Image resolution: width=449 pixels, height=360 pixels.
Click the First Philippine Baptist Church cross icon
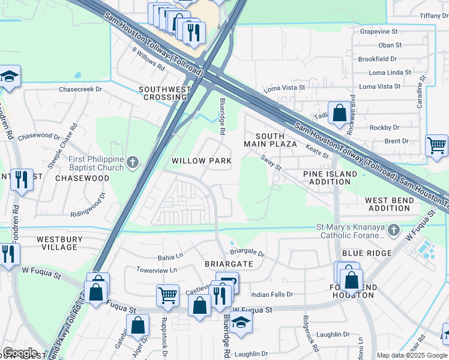[x=133, y=163]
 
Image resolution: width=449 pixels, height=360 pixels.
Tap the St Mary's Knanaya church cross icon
[x=393, y=230]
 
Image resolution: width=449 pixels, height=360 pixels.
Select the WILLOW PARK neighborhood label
[x=201, y=161]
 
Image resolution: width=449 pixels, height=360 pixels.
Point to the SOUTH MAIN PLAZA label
[x=270, y=140]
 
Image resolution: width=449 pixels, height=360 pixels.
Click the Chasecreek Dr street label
[x=80, y=89]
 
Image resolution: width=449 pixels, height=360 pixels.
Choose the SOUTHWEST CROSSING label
[x=164, y=93]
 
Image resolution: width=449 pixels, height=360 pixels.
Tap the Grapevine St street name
[x=379, y=31]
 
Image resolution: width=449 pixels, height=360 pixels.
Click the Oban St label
[x=390, y=45]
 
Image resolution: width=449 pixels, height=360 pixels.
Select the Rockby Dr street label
[x=384, y=127]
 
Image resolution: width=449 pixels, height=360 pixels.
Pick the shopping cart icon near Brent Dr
[x=436, y=146]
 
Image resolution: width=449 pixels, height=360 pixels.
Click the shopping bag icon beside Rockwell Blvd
[x=339, y=113]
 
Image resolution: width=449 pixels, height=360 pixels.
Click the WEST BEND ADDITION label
[x=388, y=204]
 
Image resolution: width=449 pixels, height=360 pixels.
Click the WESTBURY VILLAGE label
[x=59, y=242]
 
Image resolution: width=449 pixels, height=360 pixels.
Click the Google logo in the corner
[x=19, y=353]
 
